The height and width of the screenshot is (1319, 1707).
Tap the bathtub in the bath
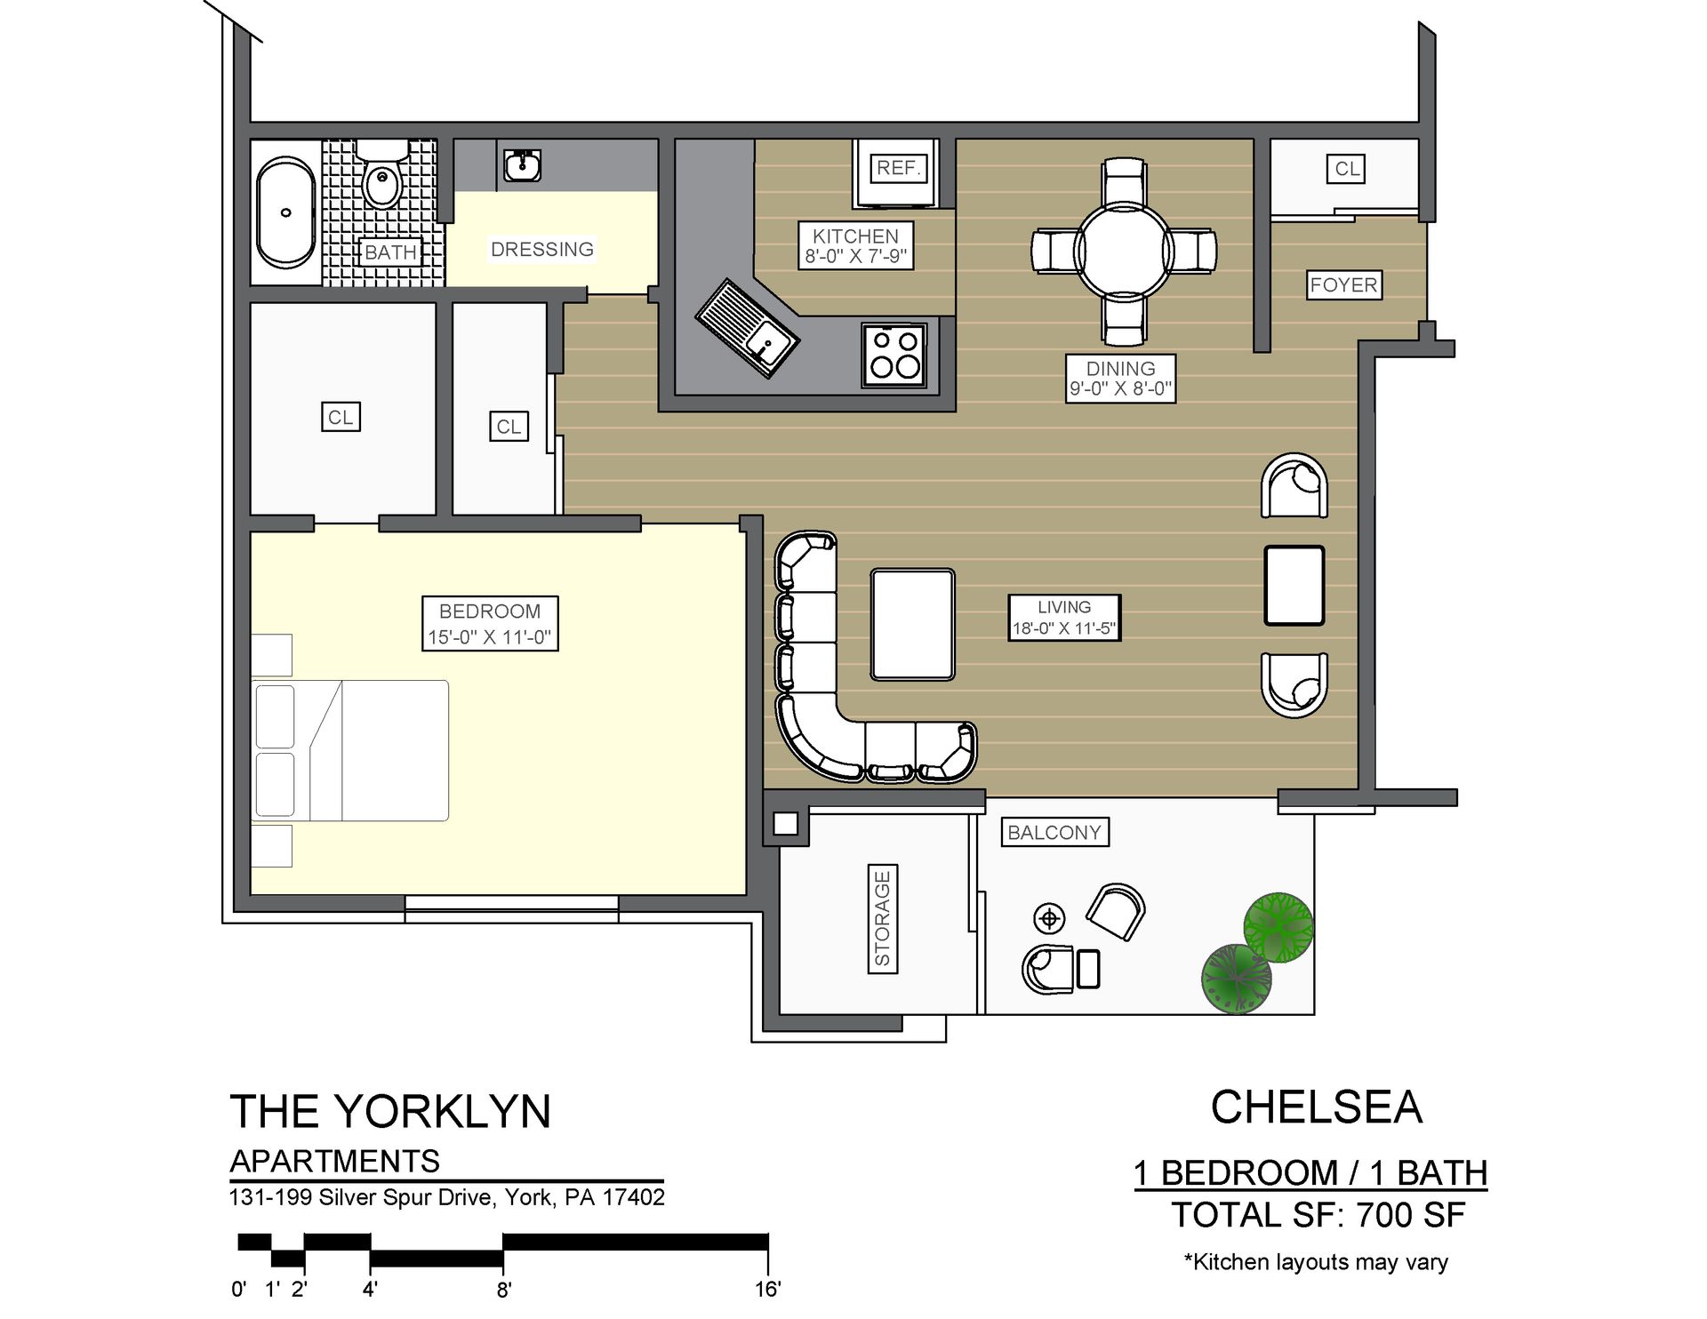click(285, 212)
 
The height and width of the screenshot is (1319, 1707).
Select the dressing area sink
click(522, 165)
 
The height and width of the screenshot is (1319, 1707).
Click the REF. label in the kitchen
click(898, 168)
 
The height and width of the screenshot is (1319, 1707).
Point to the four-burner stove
click(894, 354)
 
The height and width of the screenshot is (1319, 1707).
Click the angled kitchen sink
click(748, 328)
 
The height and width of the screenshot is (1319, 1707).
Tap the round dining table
click(1124, 251)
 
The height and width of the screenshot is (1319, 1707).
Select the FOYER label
click(1343, 285)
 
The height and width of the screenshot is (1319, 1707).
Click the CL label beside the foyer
click(1347, 169)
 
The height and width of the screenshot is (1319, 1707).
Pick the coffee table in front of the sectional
click(913, 625)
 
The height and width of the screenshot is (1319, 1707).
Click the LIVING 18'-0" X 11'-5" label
click(1063, 618)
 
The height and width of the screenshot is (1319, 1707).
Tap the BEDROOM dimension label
click(490, 624)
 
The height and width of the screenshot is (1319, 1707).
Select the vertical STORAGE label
click(882, 919)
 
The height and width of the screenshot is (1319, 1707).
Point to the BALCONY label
click(1054, 833)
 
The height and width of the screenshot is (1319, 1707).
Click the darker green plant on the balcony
click(1236, 978)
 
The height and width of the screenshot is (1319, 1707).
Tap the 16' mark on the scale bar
click(767, 1289)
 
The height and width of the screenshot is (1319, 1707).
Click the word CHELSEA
click(1316, 1107)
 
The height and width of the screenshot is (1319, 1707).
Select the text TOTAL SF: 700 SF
click(1318, 1215)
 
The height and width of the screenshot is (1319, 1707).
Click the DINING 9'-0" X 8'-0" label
click(1120, 379)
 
